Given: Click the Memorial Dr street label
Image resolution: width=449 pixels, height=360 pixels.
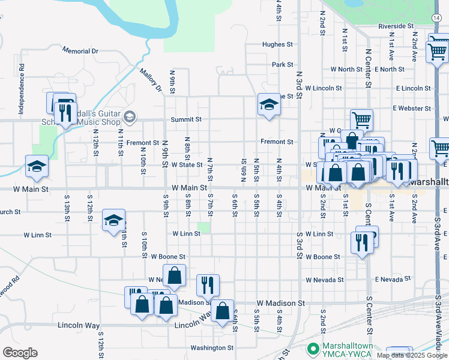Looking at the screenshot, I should tap(80, 51).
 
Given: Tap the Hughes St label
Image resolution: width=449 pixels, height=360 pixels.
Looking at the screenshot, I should tap(277, 44).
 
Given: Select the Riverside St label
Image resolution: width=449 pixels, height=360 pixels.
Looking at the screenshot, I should tap(396, 26).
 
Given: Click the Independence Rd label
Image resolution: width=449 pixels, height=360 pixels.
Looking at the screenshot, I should tap(21, 89).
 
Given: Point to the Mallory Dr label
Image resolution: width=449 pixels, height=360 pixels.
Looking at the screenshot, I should tap(151, 80).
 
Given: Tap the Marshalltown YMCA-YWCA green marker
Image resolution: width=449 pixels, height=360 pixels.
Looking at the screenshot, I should tap(312, 348).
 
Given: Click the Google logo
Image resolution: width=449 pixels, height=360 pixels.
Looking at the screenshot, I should tap(20, 353).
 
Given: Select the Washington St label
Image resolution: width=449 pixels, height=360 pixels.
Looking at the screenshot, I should tap(212, 347).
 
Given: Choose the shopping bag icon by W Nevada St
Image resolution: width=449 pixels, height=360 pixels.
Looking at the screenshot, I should tap(174, 277).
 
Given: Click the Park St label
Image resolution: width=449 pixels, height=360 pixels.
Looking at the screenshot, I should tap(282, 64).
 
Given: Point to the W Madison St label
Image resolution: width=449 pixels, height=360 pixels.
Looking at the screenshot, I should tap(281, 304).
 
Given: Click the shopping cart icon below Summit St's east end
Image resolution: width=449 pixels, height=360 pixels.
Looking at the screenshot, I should tap(361, 120).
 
